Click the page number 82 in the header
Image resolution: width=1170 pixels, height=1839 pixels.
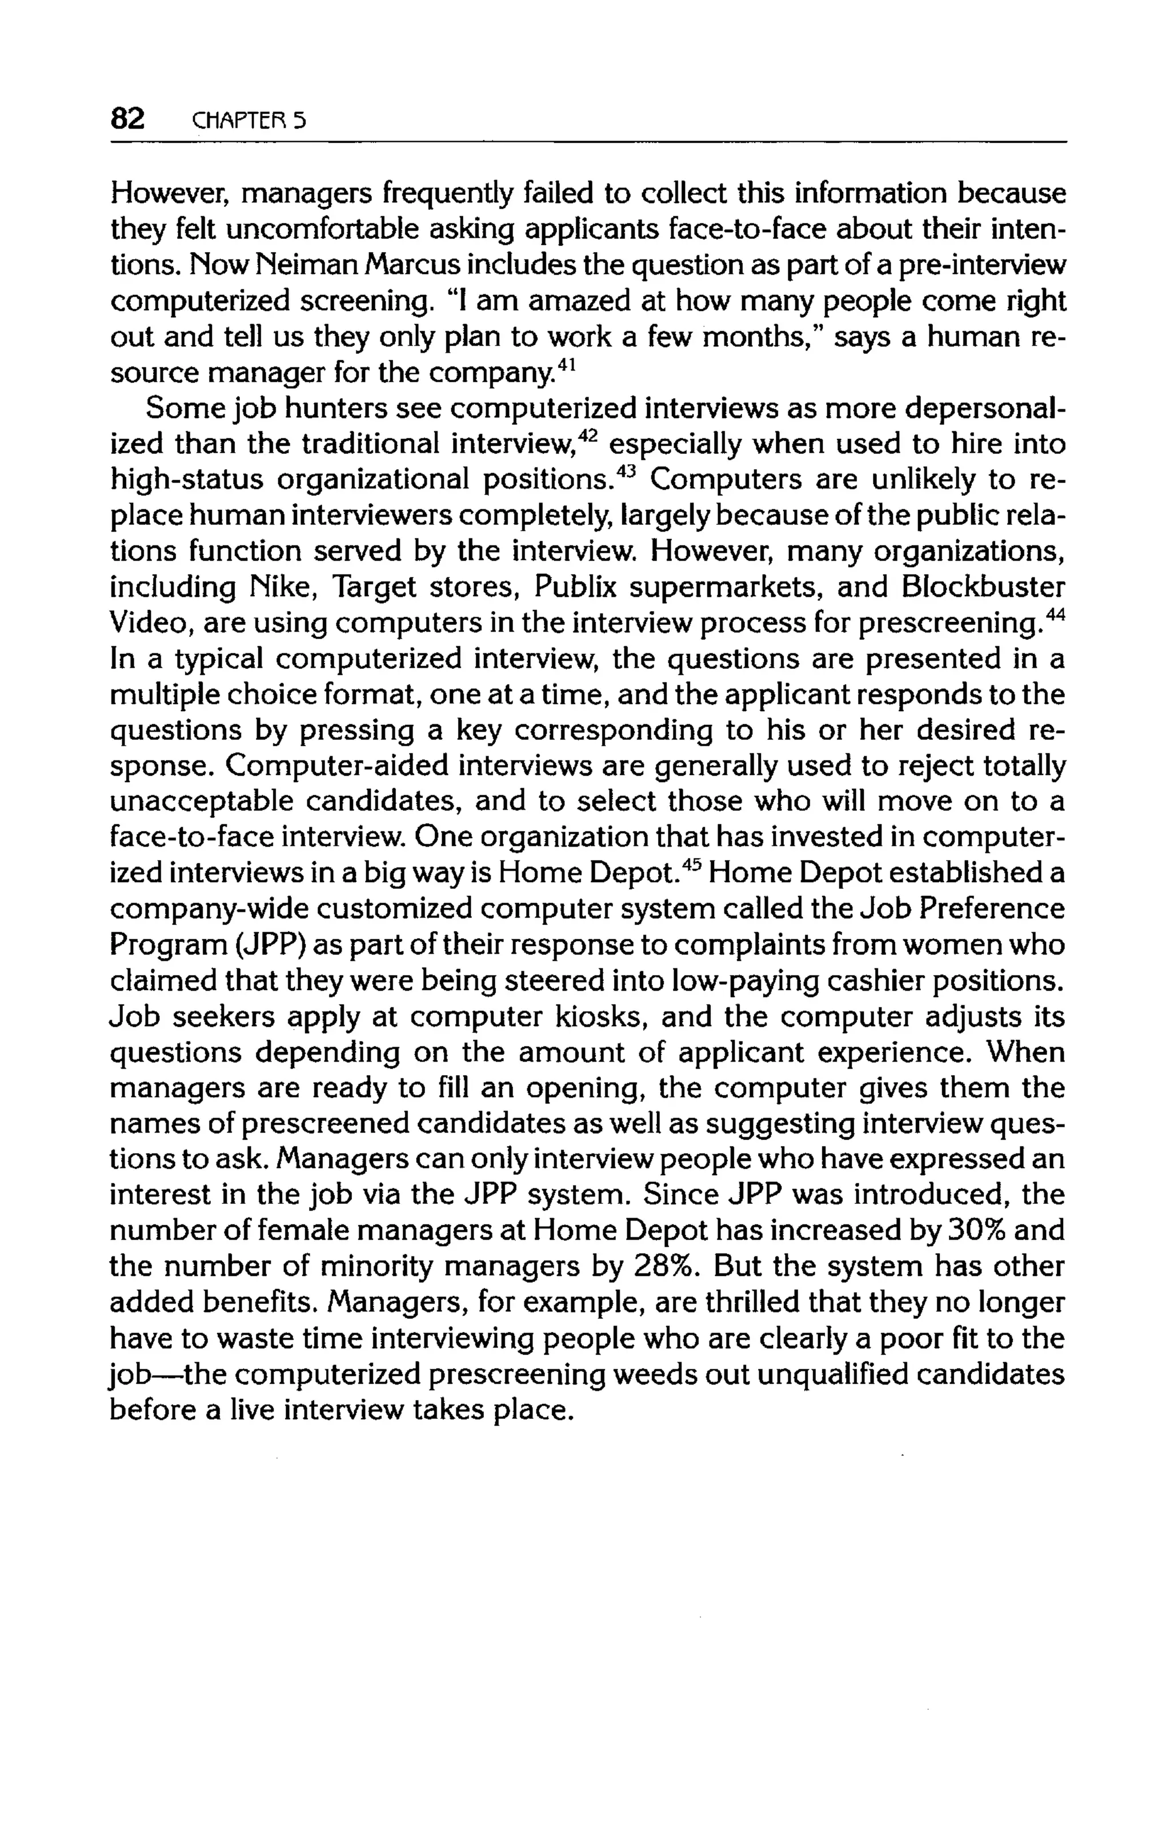pos(127,119)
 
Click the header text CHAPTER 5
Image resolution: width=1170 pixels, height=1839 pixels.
pos(249,121)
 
